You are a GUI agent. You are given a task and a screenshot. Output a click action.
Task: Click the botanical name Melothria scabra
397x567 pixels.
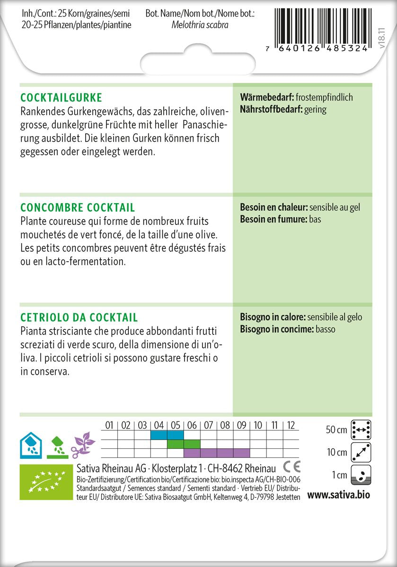[200, 25]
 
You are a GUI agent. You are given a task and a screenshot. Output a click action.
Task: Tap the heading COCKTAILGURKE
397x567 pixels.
[62, 98]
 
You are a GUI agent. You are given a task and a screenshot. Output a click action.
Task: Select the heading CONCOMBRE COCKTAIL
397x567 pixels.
[78, 208]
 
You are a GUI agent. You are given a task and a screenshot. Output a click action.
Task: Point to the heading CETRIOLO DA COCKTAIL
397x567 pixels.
[79, 318]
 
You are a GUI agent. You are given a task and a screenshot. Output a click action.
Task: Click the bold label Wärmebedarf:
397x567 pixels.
[267, 98]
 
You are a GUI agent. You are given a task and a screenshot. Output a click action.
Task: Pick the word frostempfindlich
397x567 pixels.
[324, 98]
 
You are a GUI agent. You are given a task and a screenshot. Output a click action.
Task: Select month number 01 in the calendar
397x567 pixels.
[109, 425]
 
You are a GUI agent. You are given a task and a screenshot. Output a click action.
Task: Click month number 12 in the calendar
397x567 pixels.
[291, 425]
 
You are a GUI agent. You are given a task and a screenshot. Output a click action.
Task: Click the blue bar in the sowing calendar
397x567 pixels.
[167, 435]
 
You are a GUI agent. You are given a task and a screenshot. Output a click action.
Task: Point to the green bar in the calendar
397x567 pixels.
[184, 444]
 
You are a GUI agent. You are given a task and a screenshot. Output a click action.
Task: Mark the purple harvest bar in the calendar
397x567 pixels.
[217, 453]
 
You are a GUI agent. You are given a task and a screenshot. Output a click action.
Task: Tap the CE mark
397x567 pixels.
[291, 467]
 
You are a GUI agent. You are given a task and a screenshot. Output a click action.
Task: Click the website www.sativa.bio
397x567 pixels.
[338, 495]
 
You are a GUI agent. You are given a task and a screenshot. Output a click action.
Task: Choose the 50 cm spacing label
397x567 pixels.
[336, 430]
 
